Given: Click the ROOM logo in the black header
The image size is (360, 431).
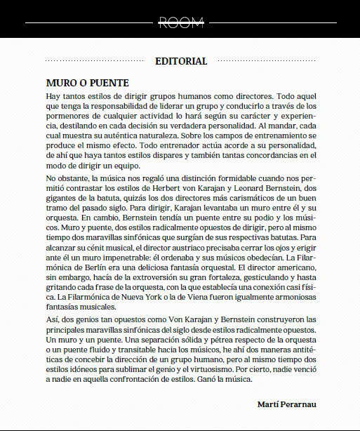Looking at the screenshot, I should pos(180,22).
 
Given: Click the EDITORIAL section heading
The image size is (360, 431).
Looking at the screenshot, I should pos(180,61).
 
